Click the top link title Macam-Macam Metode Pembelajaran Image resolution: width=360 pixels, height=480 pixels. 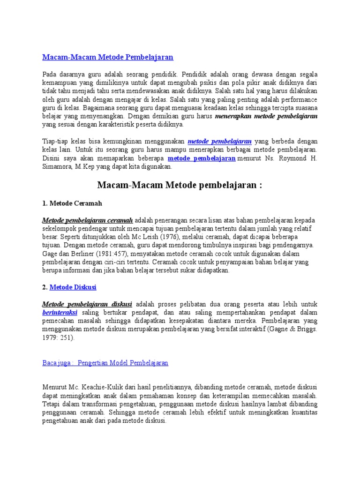pos(108,57)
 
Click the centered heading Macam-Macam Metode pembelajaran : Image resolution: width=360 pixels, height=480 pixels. pos(180,185)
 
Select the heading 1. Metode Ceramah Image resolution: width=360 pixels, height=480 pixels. pos(72,203)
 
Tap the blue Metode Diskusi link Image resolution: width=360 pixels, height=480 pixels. pos(73,287)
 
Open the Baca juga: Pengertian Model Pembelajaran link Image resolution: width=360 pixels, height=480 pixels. pos(105,363)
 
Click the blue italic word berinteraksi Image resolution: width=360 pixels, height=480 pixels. pos(60,312)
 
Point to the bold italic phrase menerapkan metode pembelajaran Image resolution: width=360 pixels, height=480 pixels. pos(266,116)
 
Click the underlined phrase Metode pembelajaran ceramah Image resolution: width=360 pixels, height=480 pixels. pos(88,220)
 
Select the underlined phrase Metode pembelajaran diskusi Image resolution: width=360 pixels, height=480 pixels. pos(87,304)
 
